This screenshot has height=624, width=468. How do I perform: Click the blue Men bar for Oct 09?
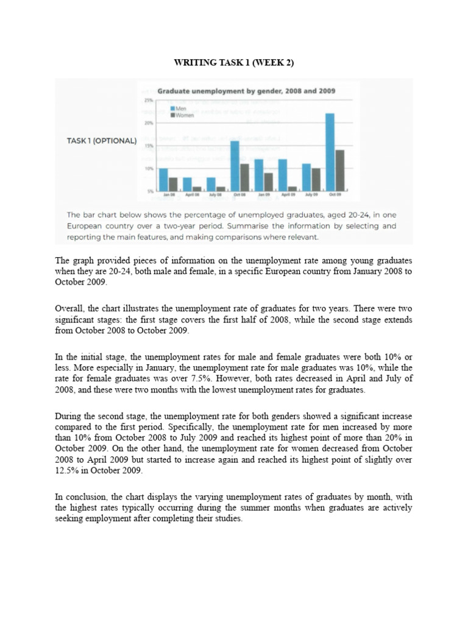[330, 152]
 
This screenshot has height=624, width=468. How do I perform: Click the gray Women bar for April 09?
[292, 189]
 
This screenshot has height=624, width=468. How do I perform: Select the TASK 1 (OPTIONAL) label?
[101, 140]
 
